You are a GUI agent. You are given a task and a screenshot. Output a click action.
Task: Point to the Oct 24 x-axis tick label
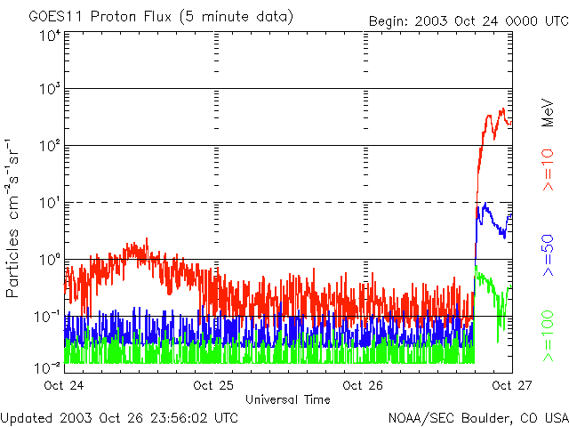pyautogui.click(x=64, y=386)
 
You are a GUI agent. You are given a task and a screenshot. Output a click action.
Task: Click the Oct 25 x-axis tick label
pyautogui.click(x=213, y=386)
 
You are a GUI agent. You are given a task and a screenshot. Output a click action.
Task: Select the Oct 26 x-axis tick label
pyautogui.click(x=363, y=386)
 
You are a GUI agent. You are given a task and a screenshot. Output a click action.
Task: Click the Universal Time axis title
pyautogui.click(x=288, y=399)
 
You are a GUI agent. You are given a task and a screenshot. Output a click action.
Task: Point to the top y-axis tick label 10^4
pyautogui.click(x=50, y=36)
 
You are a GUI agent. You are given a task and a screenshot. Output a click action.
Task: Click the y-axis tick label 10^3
pyautogui.click(x=50, y=90)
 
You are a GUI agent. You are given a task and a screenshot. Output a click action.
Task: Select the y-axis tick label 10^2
pyautogui.click(x=50, y=147)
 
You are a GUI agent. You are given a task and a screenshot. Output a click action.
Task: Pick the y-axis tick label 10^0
pyautogui.click(x=50, y=260)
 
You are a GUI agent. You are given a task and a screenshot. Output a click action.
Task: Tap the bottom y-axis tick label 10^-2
pyautogui.click(x=48, y=367)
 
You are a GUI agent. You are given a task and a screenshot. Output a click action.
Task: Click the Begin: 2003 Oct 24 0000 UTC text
pyautogui.click(x=468, y=21)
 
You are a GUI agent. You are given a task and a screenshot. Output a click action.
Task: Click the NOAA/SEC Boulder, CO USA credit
pyautogui.click(x=478, y=416)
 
